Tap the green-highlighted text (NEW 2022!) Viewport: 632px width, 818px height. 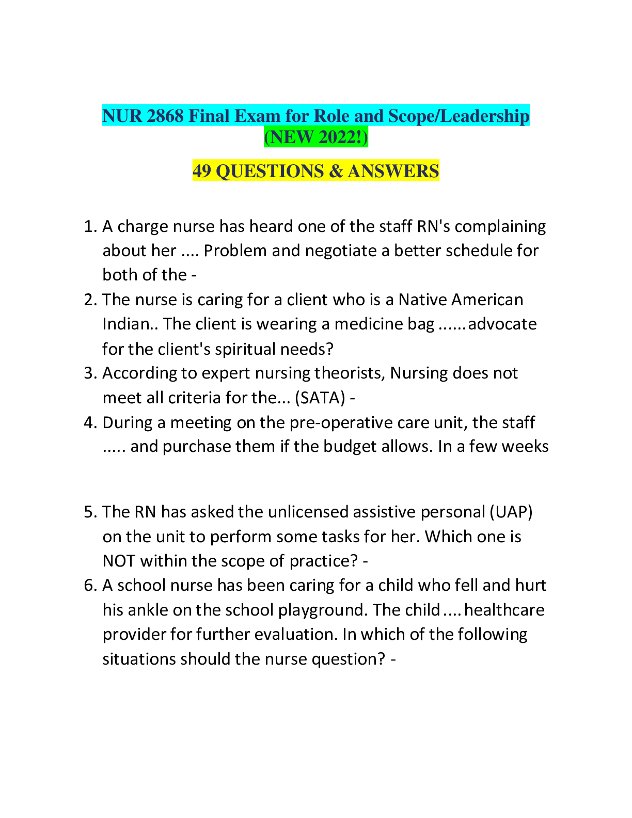pos(316,137)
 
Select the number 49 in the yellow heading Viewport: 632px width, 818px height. pos(202,171)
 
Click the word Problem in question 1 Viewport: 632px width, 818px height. pos(235,250)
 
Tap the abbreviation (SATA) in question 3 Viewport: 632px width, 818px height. pos(320,398)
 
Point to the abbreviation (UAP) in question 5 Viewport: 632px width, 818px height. pos(511,512)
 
